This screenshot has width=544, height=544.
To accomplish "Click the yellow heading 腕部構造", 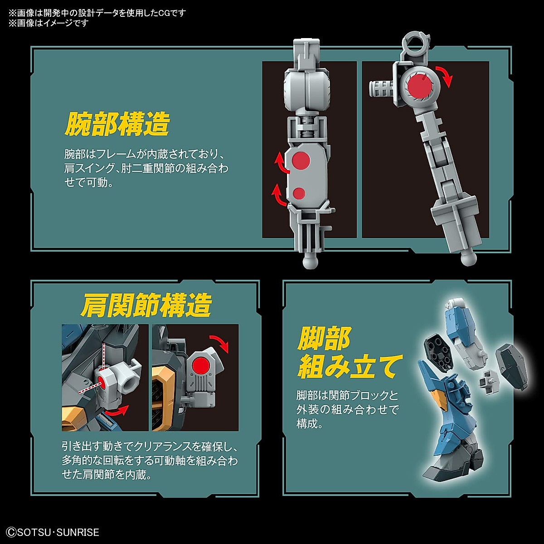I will (117, 124).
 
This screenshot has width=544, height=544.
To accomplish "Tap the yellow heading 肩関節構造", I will (146, 306).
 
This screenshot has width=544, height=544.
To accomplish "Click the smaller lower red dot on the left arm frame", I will (299, 193).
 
